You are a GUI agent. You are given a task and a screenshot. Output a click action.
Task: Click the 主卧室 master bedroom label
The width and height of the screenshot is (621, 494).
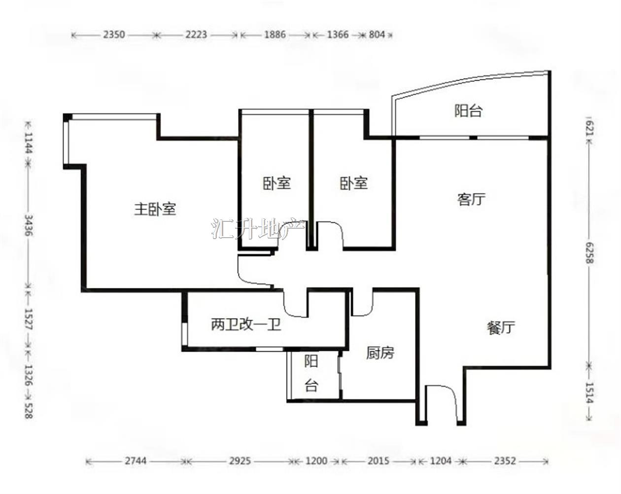coord(155,209)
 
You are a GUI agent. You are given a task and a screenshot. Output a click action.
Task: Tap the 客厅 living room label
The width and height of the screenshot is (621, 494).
coord(471,199)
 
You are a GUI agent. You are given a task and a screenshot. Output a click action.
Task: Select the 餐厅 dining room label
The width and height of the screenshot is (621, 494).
coord(501,328)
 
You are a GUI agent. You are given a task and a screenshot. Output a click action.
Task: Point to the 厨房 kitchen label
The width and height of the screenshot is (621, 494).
coord(380,353)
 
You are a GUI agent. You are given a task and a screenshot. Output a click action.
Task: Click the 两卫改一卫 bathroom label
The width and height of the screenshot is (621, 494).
coord(246,325)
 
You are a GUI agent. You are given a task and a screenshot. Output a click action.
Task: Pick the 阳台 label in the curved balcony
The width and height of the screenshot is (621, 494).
coord(468,110)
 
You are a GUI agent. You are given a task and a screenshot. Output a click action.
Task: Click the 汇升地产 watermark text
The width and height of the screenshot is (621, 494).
coord(258,229)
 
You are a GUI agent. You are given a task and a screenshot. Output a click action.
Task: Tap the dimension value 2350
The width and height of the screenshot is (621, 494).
coord(114,35)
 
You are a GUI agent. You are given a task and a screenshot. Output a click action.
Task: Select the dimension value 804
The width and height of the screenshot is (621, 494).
coord(377,35)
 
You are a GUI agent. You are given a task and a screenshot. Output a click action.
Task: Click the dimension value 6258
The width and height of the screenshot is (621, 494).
coord(589,253)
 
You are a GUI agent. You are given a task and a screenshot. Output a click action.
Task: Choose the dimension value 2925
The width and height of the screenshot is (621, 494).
coord(240,461)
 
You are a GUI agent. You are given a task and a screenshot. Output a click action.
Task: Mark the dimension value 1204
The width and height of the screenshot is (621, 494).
coord(441,461)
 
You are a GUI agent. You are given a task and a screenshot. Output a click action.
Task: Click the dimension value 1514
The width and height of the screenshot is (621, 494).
coord(589,392)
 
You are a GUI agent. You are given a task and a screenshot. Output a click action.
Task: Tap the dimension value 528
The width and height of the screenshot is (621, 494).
coord(28,411)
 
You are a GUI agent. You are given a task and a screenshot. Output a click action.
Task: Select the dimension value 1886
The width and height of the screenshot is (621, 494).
coord(275,35)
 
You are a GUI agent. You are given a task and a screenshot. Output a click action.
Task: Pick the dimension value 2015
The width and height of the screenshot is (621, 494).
coord(379,461)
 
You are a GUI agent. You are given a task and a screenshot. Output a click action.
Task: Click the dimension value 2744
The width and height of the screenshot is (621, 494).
coord(136,461)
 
